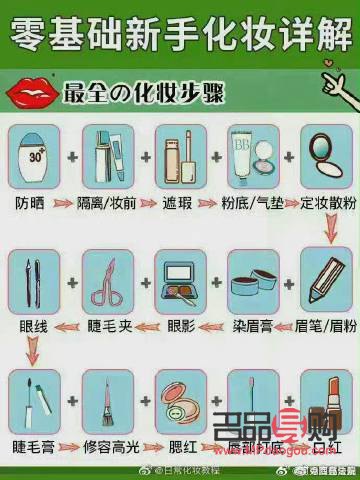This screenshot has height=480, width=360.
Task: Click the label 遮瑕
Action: point(181,203)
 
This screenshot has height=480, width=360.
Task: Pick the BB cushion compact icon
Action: point(254,158)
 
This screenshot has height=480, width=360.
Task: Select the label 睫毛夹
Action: point(107,326)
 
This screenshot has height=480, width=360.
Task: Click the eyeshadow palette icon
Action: point(181,280)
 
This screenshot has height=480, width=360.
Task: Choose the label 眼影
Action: point(181,326)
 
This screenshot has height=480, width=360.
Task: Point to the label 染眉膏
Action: point(254,326)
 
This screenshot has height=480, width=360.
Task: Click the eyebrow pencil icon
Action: point(327,280)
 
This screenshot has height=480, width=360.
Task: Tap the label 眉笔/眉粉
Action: point(327,326)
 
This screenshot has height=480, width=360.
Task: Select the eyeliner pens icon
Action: point(34,280)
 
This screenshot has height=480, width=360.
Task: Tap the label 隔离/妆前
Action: point(107,203)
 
